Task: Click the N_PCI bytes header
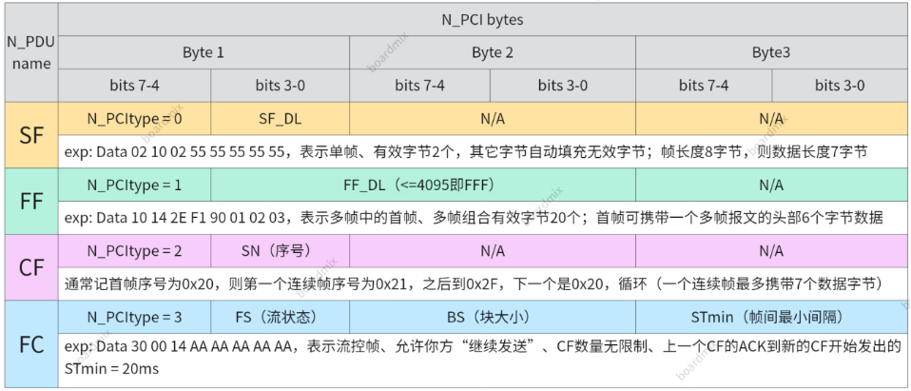click(x=482, y=19)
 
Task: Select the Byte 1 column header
click(x=204, y=52)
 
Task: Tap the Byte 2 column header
click(x=493, y=52)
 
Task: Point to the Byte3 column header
click(x=770, y=52)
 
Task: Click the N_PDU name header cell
click(x=29, y=52)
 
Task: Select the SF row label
click(x=30, y=134)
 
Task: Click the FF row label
click(x=30, y=201)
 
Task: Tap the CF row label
click(x=30, y=267)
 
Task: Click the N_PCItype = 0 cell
click(x=134, y=118)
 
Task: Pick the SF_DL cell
click(x=280, y=118)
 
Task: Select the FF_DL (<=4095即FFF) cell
click(x=422, y=185)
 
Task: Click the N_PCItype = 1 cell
click(x=134, y=185)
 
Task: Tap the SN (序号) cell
click(x=280, y=251)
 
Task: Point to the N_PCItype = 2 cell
click(x=134, y=251)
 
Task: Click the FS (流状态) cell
click(x=280, y=317)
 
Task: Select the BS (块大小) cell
click(x=493, y=317)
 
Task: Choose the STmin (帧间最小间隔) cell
click(x=771, y=317)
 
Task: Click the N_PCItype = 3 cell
click(x=134, y=317)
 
